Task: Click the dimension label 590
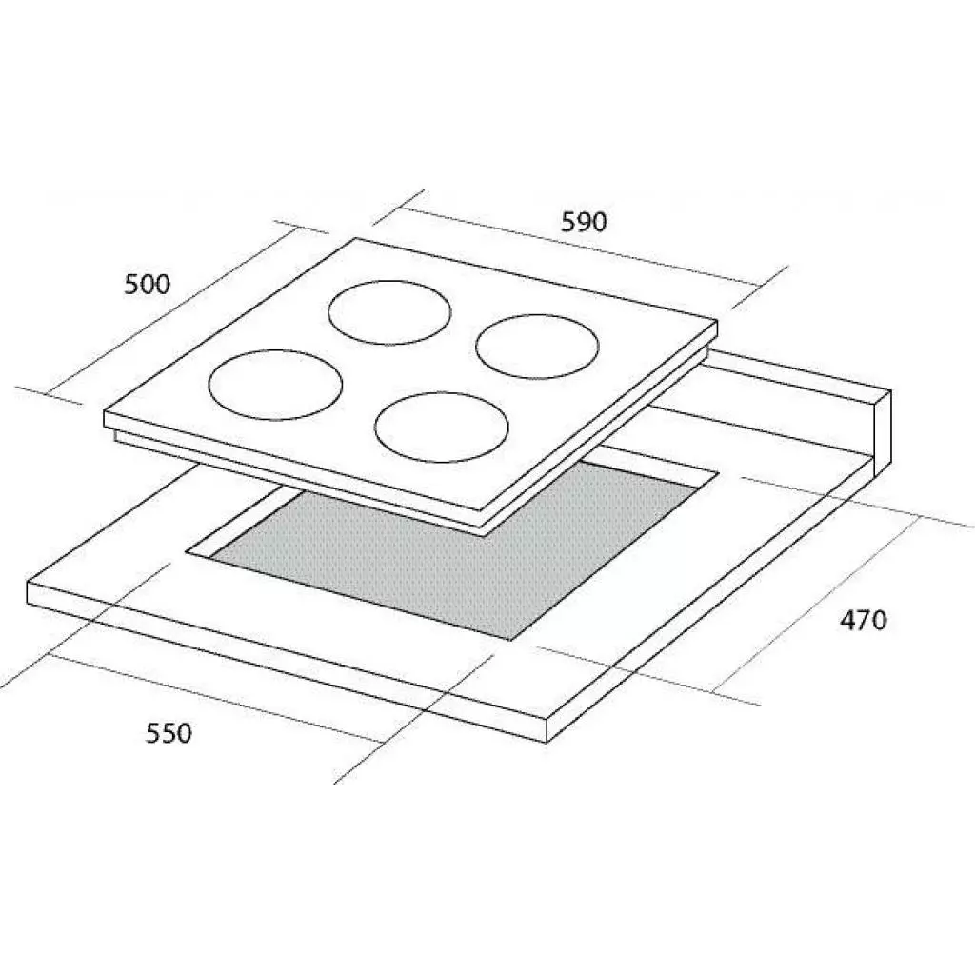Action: point(584,222)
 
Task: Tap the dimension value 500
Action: point(148,285)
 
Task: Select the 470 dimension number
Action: point(864,620)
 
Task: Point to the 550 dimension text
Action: point(169,733)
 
